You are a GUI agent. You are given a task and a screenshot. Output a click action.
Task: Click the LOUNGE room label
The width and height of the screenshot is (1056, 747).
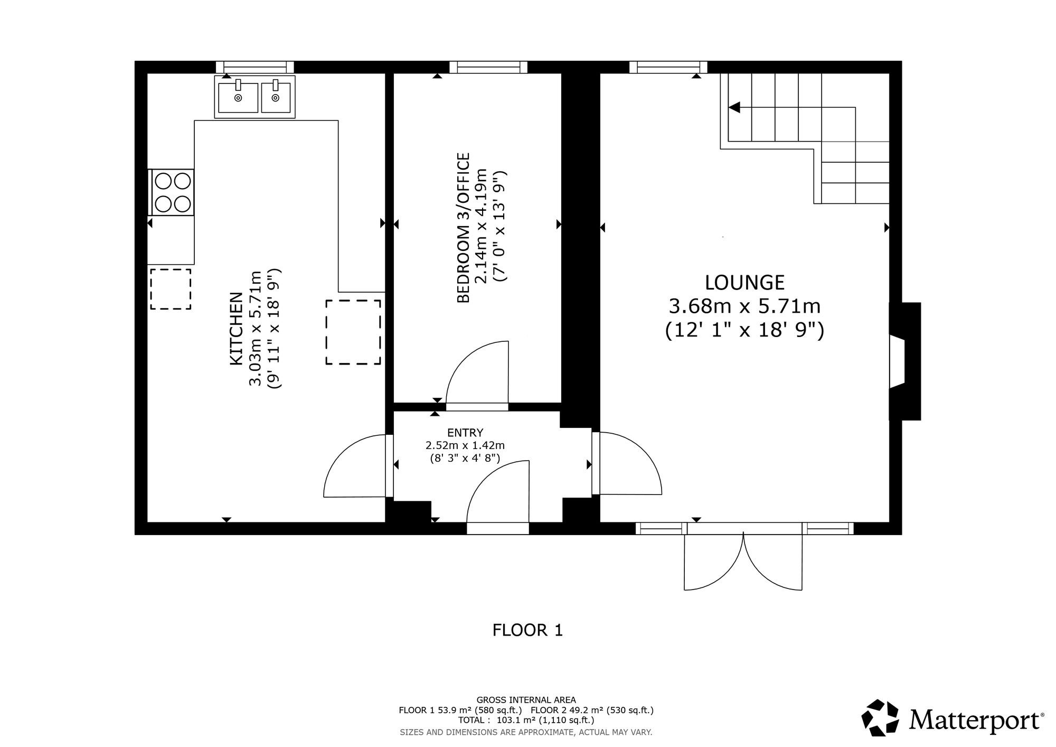744,283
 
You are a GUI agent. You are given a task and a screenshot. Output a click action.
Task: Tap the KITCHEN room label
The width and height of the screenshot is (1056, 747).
235,329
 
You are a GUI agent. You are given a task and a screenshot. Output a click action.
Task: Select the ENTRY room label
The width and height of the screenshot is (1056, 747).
465,433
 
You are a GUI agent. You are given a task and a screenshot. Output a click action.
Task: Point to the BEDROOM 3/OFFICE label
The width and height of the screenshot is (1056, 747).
463,228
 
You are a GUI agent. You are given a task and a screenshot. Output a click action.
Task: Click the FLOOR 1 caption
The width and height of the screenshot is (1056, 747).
527,630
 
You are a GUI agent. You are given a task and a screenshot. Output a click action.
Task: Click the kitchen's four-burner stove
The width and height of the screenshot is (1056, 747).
172,192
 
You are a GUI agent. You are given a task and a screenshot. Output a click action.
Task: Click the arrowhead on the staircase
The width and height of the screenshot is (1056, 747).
734,107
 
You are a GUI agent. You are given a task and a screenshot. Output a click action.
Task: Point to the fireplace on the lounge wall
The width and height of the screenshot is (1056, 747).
905,361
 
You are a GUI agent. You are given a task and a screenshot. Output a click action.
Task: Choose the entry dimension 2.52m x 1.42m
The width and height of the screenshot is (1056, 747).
465,446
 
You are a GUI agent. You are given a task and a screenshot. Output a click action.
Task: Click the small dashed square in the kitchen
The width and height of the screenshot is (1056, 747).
171,289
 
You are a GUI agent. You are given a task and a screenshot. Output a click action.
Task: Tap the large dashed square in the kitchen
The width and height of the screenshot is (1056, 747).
353,332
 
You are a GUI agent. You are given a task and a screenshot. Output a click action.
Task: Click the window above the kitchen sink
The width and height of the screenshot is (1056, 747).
255,67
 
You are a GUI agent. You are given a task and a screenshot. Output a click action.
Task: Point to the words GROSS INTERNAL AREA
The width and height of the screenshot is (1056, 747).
526,700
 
